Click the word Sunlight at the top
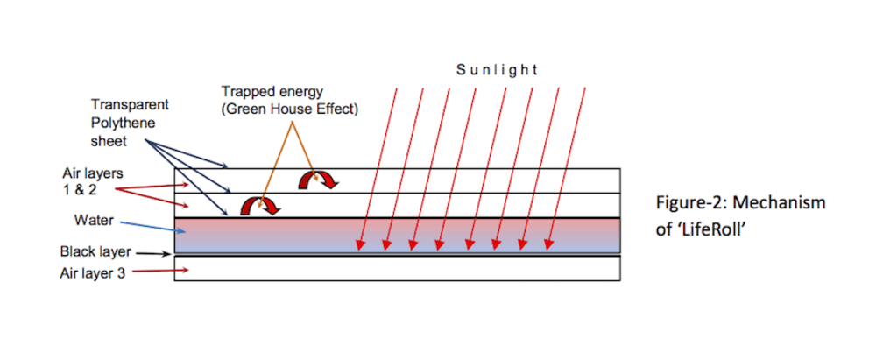pos(497,70)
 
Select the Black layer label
pos(95,252)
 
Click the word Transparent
pos(130,104)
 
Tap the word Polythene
pos(123,124)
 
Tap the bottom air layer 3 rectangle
pos(399,268)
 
